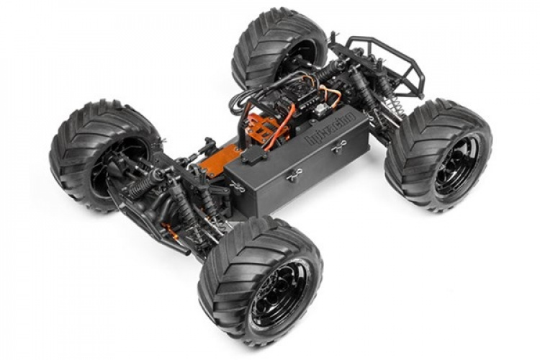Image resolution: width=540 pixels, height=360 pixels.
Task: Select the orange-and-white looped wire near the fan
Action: [x=328, y=94]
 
